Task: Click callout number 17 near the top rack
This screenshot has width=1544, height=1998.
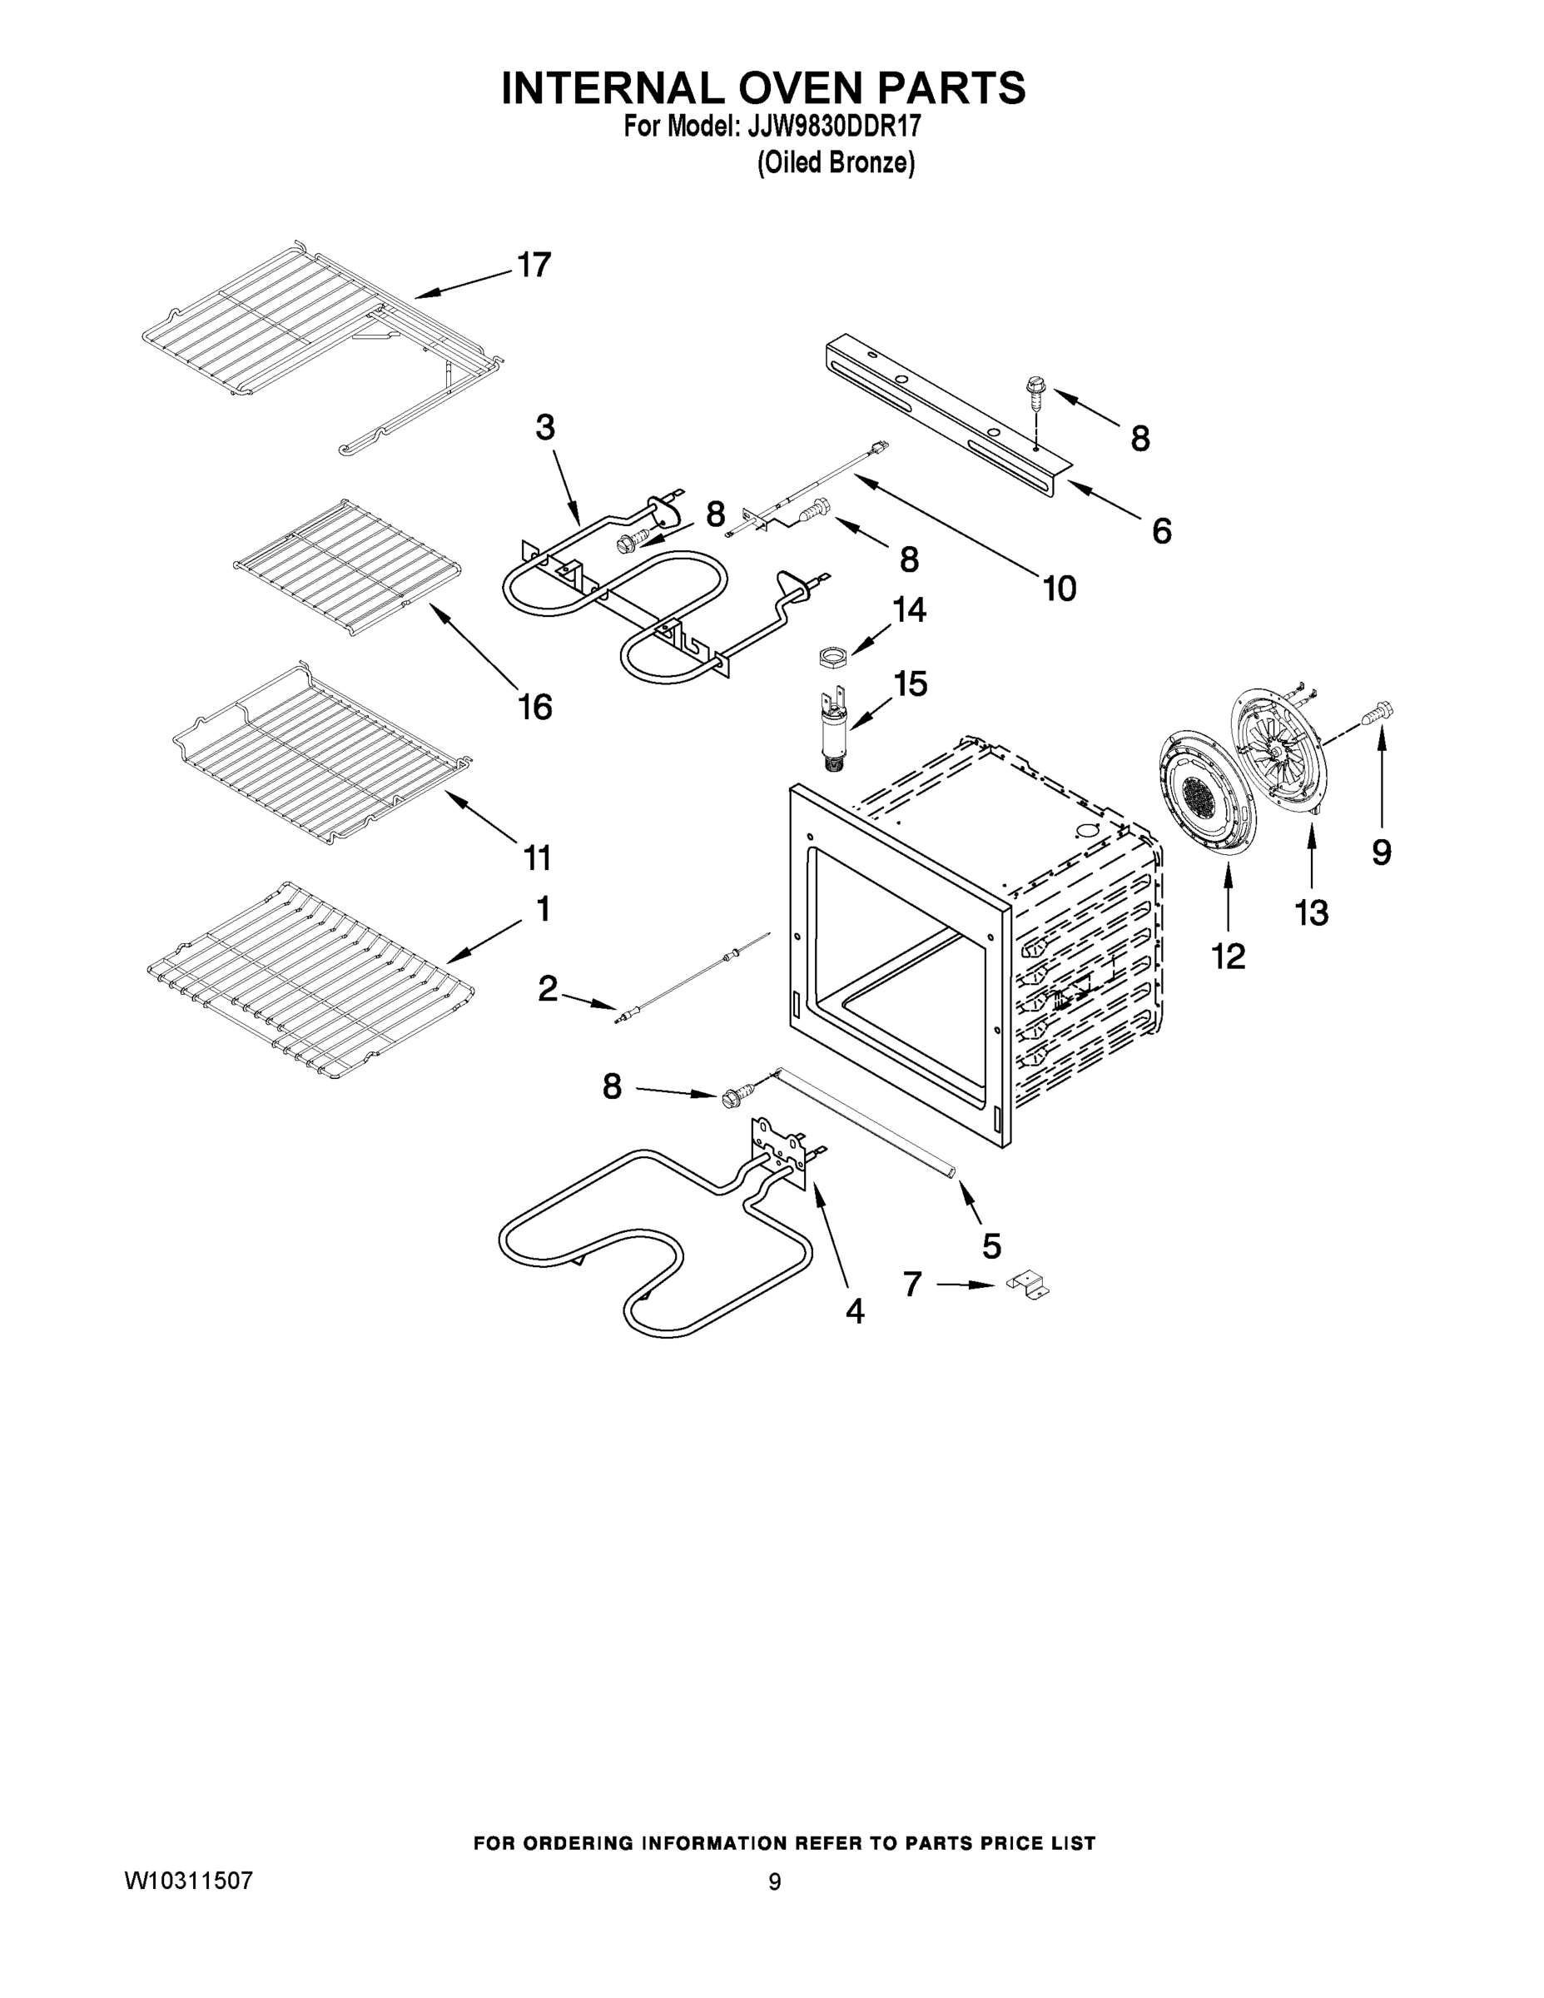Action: (x=534, y=266)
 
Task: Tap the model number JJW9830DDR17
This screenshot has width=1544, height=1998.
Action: (x=833, y=127)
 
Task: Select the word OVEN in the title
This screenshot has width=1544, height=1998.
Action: (x=762, y=87)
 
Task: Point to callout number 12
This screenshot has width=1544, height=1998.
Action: (x=1228, y=957)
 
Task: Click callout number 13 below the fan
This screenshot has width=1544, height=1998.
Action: (x=1311, y=912)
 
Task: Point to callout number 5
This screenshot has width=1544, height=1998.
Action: (x=991, y=1245)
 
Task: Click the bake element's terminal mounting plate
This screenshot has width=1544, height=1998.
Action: (x=780, y=1153)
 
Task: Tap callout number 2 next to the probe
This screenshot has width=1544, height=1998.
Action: (x=547, y=988)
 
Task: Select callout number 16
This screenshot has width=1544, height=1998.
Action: (x=535, y=706)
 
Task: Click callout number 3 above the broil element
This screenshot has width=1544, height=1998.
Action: (x=545, y=426)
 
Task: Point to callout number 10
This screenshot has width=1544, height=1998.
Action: (x=1060, y=589)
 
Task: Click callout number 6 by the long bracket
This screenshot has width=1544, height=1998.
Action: (x=1161, y=530)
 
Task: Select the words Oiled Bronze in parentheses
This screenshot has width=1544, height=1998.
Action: (x=835, y=163)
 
